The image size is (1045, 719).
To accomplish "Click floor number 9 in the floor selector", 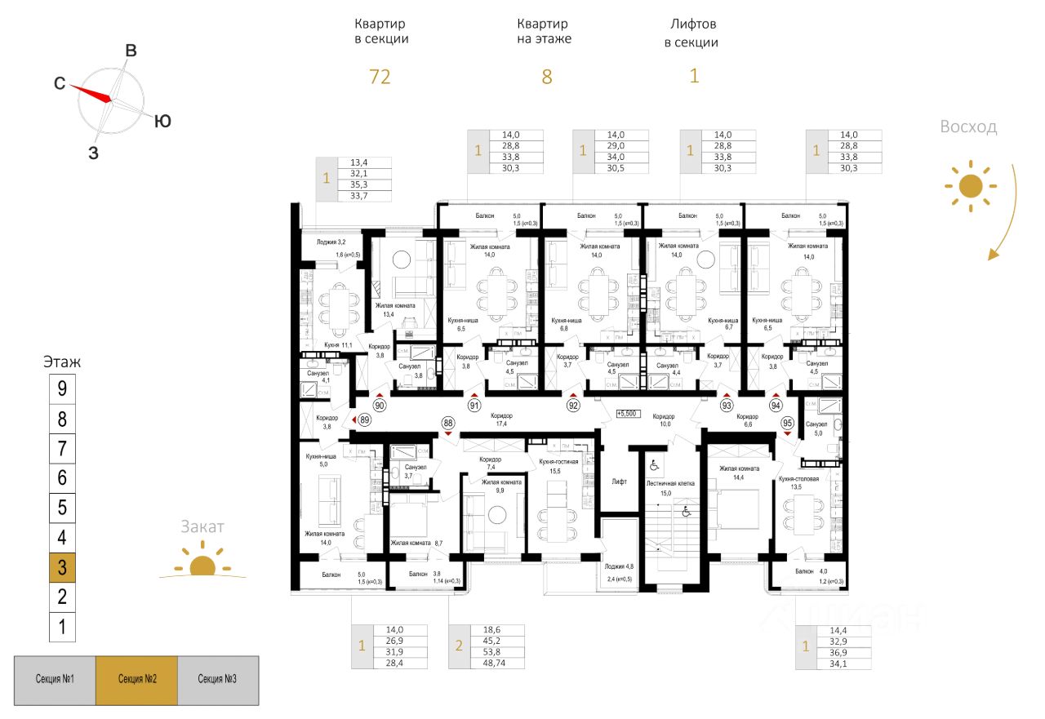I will tap(62, 389).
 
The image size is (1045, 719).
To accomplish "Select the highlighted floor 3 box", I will tap(62, 568).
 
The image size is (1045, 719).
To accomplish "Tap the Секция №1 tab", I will tap(56, 680).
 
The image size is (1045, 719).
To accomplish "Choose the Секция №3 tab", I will tap(218, 680).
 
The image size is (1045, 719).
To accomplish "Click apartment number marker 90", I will tap(380, 405).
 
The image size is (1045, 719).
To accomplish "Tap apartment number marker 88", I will tap(447, 422).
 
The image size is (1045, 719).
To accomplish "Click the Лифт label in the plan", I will tap(620, 482).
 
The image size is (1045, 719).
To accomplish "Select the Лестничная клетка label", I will tap(669, 483).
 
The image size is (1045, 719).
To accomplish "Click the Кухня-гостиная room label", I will tap(560, 461).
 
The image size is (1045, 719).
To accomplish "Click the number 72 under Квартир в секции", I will tap(380, 77).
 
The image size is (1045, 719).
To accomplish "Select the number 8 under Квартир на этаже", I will tap(547, 77).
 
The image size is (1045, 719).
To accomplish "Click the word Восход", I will tap(968, 127).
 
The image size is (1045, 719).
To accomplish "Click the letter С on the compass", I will tap(60, 83).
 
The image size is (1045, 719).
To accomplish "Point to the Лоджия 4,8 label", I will tap(619, 566).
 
